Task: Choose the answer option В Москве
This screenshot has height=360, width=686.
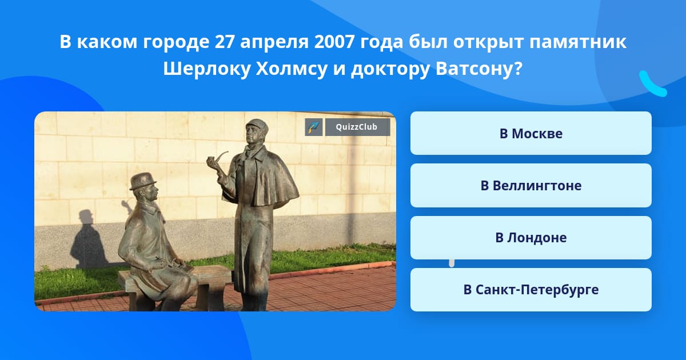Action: (x=531, y=134)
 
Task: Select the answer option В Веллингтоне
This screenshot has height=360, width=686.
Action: (x=531, y=186)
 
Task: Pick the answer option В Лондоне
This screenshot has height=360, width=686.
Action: (x=531, y=238)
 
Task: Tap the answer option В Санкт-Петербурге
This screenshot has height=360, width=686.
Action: (x=531, y=290)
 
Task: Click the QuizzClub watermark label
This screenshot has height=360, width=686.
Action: (x=357, y=127)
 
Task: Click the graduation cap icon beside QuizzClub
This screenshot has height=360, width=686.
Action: (x=314, y=127)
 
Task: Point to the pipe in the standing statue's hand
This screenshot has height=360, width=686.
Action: (x=217, y=159)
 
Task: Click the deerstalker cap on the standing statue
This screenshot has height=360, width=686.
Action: (x=257, y=126)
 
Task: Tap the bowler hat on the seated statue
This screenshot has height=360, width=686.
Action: (x=143, y=181)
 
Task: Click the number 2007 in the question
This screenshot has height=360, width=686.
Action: (x=334, y=42)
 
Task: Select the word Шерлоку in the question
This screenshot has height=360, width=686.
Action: (x=207, y=69)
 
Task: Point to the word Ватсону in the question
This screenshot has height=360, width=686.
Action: (x=478, y=69)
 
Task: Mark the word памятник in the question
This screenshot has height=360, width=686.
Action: (x=578, y=42)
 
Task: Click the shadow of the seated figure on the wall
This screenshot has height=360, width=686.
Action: (x=88, y=239)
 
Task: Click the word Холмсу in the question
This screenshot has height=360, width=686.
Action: (x=292, y=69)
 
